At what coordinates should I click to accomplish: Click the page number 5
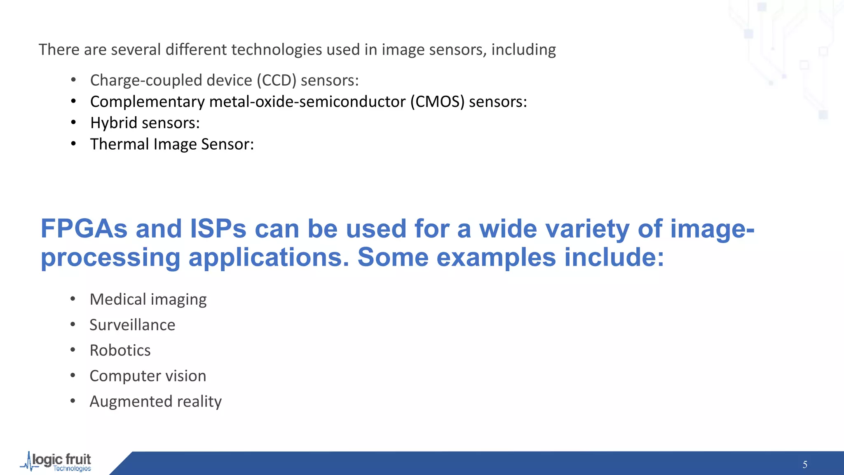[804, 465]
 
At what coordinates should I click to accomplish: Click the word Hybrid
[113, 123]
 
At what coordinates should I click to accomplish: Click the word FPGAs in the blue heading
[84, 229]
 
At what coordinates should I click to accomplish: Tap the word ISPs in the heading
[218, 229]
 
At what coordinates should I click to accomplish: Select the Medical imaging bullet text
[148, 300]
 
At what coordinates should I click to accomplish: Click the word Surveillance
[132, 325]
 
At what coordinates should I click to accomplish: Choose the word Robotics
[120, 350]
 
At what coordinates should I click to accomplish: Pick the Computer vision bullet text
[148, 376]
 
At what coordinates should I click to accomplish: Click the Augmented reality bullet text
[155, 402]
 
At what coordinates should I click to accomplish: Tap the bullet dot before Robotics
[73, 350]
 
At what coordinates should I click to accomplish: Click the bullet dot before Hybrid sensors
[73, 122]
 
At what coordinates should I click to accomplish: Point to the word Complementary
[147, 102]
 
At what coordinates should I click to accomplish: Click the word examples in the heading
[496, 258]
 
